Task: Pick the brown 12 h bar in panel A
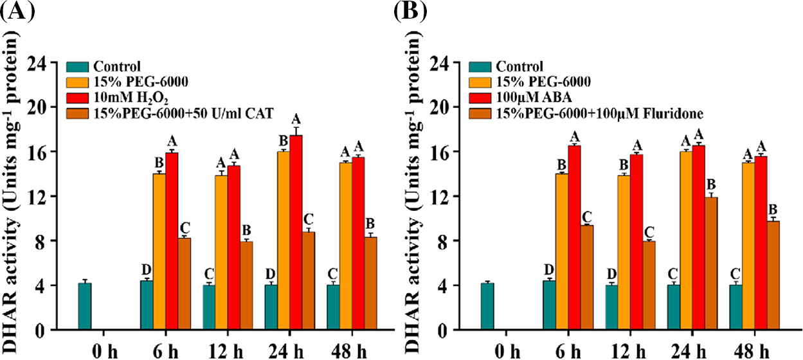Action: coord(246,286)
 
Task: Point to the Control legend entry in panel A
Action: coord(116,65)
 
